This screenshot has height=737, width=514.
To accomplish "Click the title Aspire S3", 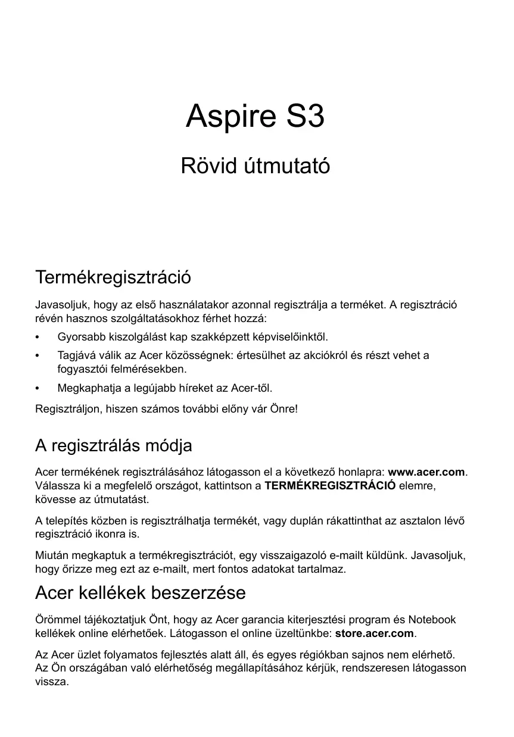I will point(255,117).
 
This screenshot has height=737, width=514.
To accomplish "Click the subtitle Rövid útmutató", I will point(255,165).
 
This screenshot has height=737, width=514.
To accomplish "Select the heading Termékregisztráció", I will point(113,277).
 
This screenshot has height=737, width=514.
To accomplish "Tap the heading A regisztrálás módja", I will point(113,445).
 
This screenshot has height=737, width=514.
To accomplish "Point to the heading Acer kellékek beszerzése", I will point(141,593).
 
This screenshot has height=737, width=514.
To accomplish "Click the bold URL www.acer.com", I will point(426,472).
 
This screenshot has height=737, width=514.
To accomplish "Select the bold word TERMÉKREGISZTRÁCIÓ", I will point(329,485).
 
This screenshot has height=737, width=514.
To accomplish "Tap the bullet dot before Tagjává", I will point(38,355).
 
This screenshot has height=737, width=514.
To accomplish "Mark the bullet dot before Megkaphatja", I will point(38,389).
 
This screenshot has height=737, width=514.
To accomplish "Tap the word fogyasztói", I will point(81,369).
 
